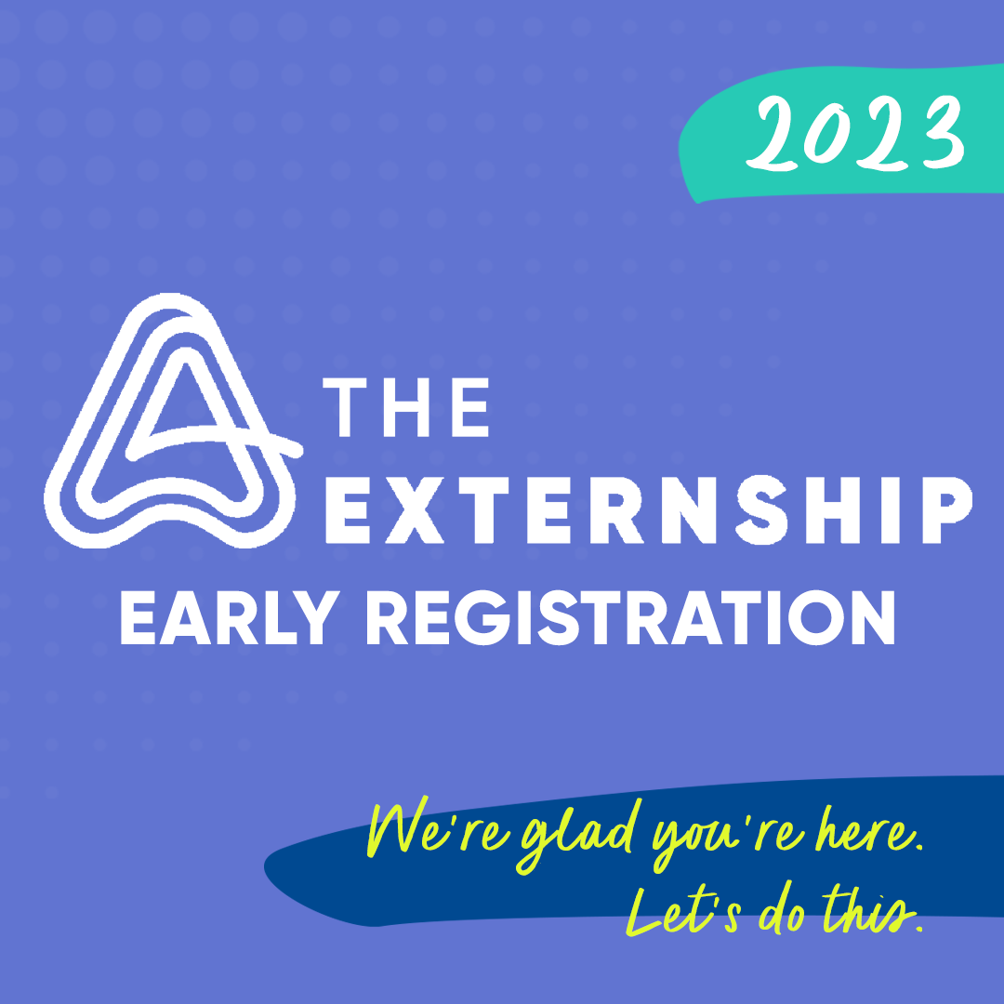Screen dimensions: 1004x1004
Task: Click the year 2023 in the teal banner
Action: (856, 136)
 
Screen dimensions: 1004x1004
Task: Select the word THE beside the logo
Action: (409, 406)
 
